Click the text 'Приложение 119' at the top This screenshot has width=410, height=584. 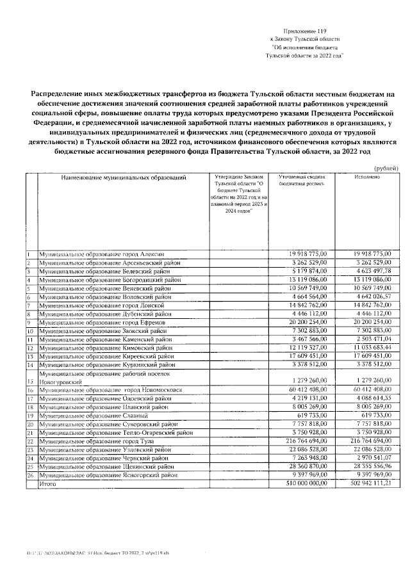[x=305, y=31]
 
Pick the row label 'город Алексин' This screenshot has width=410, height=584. [x=102, y=255]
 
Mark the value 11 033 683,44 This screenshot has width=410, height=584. [x=366, y=347]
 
